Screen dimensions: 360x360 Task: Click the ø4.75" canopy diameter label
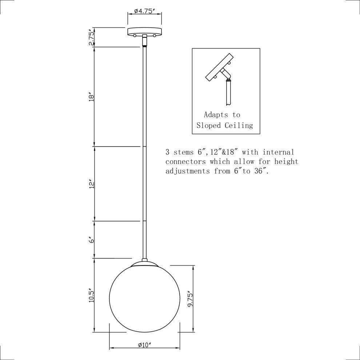tap(145, 11)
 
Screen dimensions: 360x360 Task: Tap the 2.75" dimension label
tap(92, 37)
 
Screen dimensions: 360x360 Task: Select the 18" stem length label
tap(92, 97)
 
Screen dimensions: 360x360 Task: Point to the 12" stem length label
tap(92, 185)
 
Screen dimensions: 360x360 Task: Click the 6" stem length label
tap(92, 240)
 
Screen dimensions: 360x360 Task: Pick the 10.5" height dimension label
tap(92, 295)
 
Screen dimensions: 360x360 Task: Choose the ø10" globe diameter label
tap(144, 345)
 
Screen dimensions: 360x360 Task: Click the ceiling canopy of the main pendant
tap(145, 32)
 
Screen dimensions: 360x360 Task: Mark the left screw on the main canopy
tap(135, 36)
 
